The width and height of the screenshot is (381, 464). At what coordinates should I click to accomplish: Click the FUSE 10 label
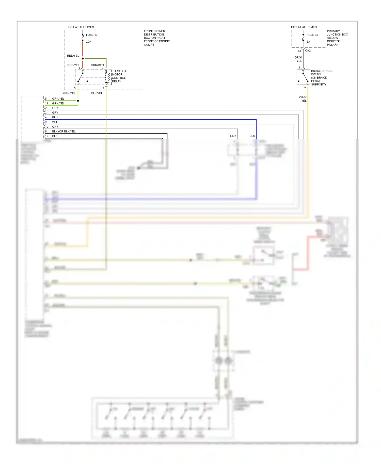click(91, 35)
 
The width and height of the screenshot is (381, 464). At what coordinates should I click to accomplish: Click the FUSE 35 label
click(312, 35)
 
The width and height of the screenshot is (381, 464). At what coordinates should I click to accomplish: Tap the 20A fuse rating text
click(88, 42)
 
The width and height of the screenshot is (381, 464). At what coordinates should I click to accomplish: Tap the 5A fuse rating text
click(308, 42)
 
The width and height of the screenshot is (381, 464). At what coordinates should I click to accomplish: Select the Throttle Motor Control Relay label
click(119, 76)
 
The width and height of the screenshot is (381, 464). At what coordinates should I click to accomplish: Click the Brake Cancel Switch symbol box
click(303, 77)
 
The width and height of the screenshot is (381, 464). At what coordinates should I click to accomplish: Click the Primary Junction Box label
click(337, 38)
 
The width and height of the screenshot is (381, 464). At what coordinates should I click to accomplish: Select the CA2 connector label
click(308, 51)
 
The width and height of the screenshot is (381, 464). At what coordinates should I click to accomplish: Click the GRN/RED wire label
click(97, 65)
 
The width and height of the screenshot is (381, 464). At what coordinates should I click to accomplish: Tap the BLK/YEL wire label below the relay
click(97, 93)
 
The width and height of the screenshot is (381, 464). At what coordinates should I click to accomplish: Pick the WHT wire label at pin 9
click(55, 122)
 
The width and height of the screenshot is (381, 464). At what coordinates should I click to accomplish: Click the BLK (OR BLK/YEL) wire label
click(64, 131)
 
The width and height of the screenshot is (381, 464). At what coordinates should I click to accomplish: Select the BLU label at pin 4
click(55, 118)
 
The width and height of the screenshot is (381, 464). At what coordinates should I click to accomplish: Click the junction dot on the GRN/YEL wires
click(78, 101)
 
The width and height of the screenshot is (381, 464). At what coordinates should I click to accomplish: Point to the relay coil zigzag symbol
click(108, 77)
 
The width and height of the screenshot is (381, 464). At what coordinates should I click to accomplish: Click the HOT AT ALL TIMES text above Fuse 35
click(304, 27)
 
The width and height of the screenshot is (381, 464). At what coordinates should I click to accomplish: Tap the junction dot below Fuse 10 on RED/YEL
click(83, 59)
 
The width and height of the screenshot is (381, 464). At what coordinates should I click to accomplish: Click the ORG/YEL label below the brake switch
click(303, 99)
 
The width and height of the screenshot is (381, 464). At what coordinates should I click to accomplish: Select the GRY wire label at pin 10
click(55, 127)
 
